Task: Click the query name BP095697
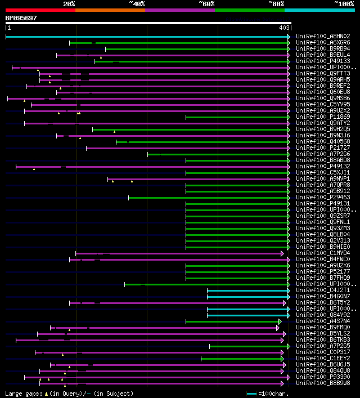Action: click(21, 18)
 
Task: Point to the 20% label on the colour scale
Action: click(69, 3)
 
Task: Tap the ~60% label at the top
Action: click(206, 3)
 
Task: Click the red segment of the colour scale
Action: click(40, 10)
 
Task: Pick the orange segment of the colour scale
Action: click(110, 10)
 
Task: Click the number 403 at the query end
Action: click(285, 27)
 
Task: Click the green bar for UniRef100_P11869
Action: click(237, 117)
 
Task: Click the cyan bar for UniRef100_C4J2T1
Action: click(247, 290)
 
